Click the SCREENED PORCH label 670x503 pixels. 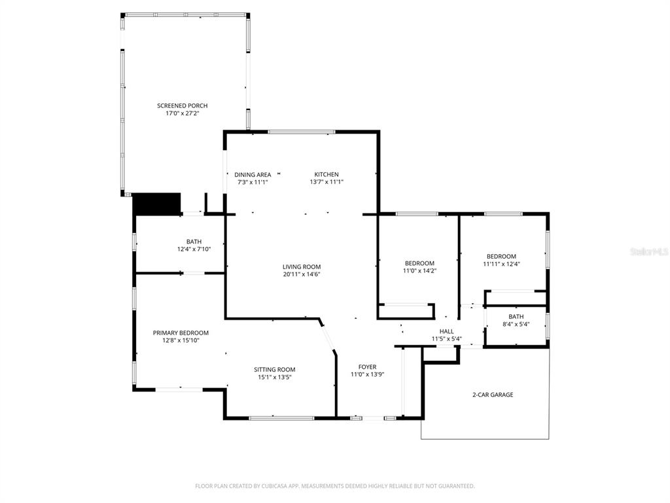(183, 105)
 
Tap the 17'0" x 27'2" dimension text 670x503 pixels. (183, 113)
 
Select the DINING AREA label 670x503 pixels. (253, 174)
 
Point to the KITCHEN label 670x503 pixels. (326, 174)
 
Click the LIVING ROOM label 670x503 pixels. (302, 267)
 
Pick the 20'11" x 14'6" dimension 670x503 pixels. (302, 274)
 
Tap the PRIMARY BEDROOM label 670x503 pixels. (181, 333)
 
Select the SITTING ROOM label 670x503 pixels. (275, 369)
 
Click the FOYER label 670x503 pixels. (368, 367)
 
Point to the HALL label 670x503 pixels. (446, 331)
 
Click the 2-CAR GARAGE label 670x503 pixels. (493, 395)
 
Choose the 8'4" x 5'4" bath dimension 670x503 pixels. (516, 324)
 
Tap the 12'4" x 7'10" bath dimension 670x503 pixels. (194, 249)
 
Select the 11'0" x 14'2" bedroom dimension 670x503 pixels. (419, 270)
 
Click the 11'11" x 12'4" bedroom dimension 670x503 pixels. (501, 264)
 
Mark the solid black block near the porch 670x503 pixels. (157, 204)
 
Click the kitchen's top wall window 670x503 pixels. (302, 132)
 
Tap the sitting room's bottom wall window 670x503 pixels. (281, 418)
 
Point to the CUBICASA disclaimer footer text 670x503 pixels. (335, 486)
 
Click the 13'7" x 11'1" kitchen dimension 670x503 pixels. (326, 182)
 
